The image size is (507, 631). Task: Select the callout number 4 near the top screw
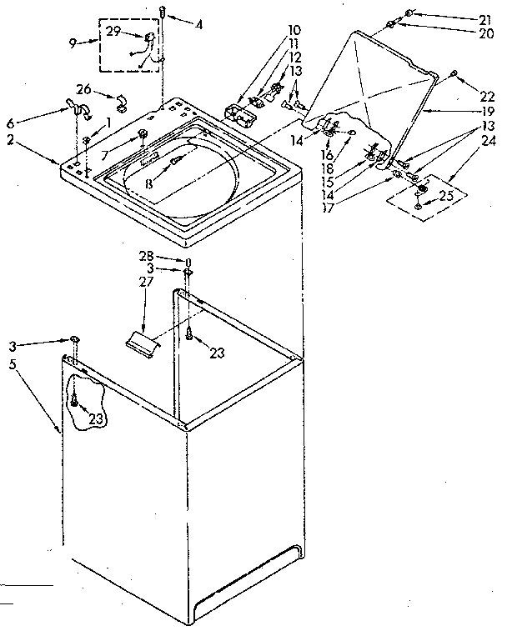pos(198,25)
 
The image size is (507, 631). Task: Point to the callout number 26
pos(83,89)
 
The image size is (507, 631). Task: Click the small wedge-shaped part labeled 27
pos(142,340)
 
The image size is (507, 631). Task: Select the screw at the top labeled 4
pos(162,12)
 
